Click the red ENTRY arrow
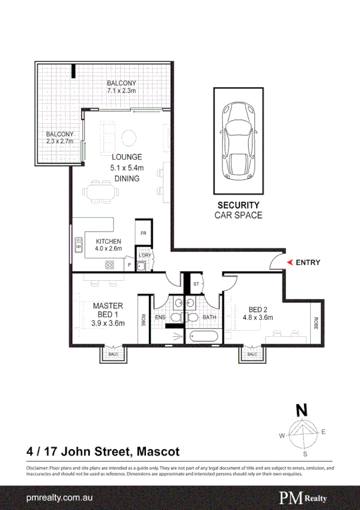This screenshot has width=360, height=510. click(x=290, y=262)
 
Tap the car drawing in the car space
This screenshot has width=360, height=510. click(x=237, y=142)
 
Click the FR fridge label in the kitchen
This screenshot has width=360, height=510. click(x=144, y=233)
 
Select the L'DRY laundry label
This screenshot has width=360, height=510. click(x=144, y=256)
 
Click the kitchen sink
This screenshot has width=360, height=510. click(x=78, y=244)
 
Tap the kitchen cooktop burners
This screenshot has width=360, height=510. click(x=110, y=264)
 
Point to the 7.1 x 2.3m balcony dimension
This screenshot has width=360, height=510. click(x=121, y=91)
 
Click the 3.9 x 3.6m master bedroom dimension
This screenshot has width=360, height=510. click(x=108, y=323)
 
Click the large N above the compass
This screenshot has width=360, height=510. click(x=302, y=411)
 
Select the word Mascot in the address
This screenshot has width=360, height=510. click(x=158, y=450)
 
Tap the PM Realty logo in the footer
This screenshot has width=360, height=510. click(x=306, y=497)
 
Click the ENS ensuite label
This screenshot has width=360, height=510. click(x=160, y=317)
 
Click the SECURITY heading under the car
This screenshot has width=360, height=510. click(x=238, y=205)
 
